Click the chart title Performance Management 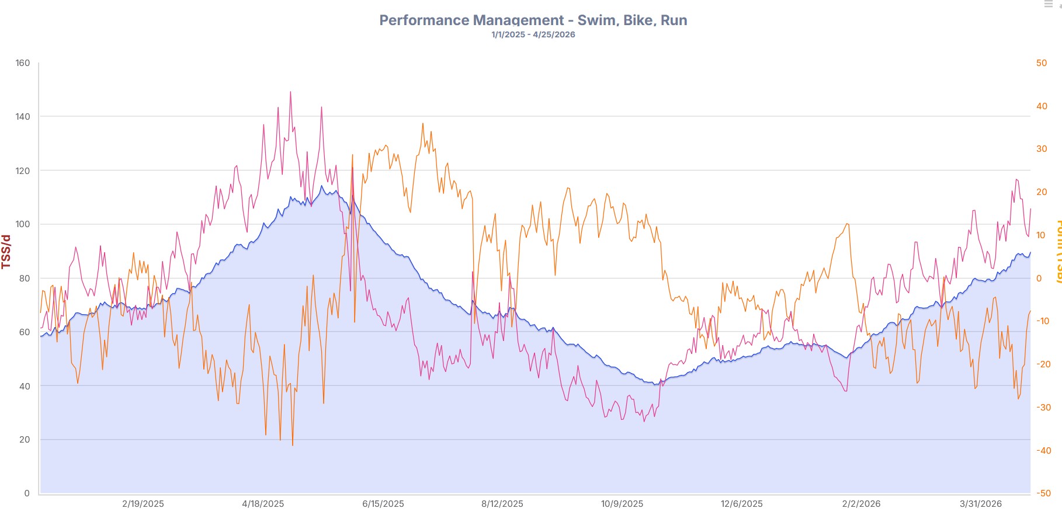(533, 20)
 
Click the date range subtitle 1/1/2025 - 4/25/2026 (533, 34)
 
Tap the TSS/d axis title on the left (6, 252)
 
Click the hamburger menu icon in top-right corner (1048, 4)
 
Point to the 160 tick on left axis (23, 63)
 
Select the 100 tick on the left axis (23, 224)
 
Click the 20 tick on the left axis (25, 440)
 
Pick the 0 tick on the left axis (27, 493)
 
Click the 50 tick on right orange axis (1042, 63)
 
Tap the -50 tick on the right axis (1043, 493)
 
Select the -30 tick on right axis (1043, 408)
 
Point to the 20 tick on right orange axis (1042, 192)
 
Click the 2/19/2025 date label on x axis (143, 504)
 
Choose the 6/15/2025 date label (383, 504)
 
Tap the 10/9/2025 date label (622, 504)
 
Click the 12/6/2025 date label (741, 504)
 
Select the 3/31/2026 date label (981, 504)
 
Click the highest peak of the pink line (290, 92)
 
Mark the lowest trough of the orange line (293, 446)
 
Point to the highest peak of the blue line (321, 186)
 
